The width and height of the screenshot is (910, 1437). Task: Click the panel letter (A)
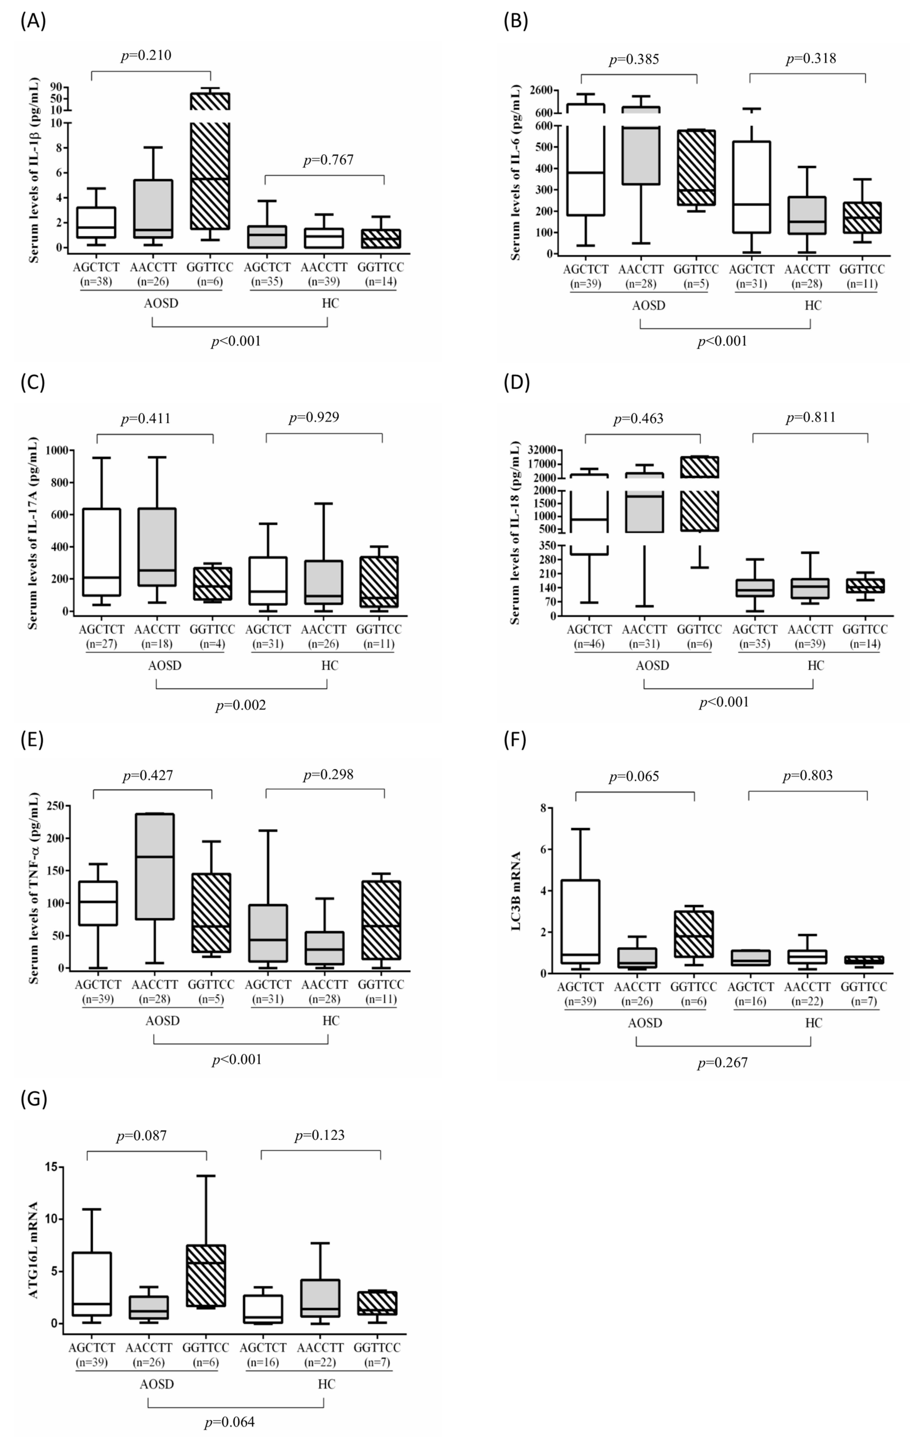pos(33,22)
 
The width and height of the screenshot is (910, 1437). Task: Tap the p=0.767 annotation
pos(328,160)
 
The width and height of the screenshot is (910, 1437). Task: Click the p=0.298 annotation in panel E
pos(328,775)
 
